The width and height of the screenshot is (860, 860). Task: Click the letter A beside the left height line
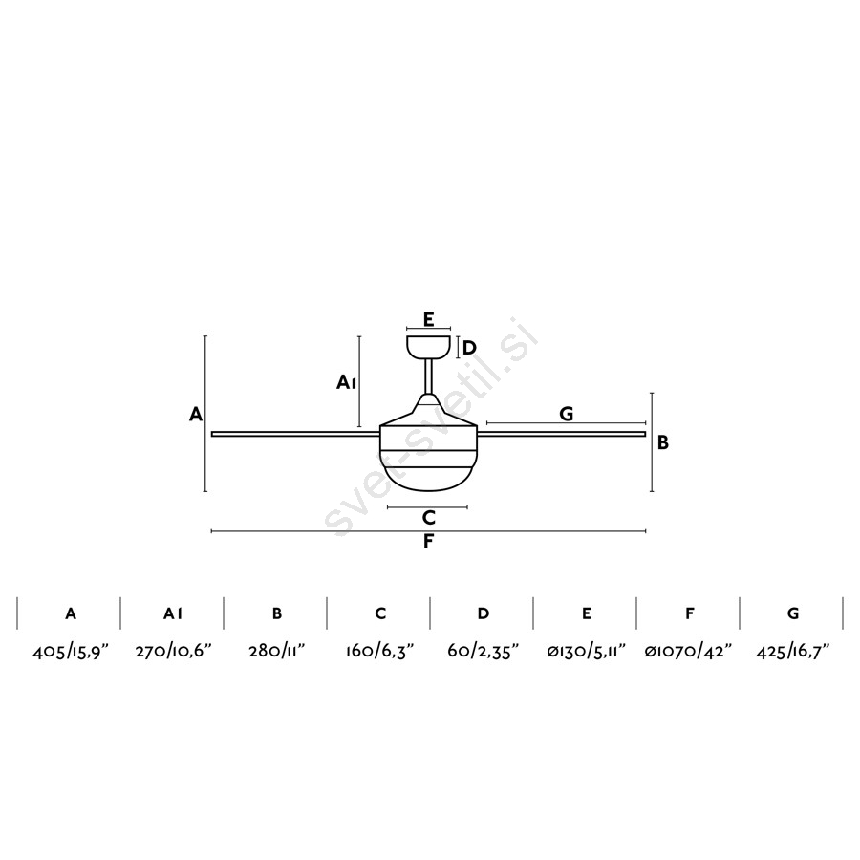tap(196, 414)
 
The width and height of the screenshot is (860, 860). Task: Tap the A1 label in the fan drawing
tap(347, 381)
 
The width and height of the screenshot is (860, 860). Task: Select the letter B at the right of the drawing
tap(663, 442)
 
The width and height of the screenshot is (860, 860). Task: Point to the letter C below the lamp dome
tap(429, 517)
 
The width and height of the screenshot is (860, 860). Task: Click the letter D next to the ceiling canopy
tap(469, 348)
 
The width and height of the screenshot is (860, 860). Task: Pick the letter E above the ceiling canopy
tap(428, 318)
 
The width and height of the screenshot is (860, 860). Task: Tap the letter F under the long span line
tap(428, 542)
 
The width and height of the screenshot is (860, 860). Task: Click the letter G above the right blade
tap(566, 414)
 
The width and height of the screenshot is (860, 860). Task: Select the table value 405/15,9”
tap(71, 652)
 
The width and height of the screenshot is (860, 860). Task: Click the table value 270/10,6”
tap(173, 652)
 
